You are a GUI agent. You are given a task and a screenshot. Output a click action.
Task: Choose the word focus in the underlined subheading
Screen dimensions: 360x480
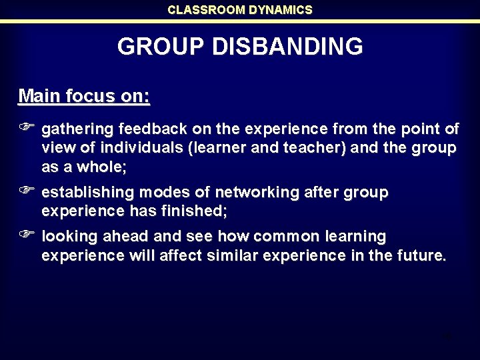tap(95, 96)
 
